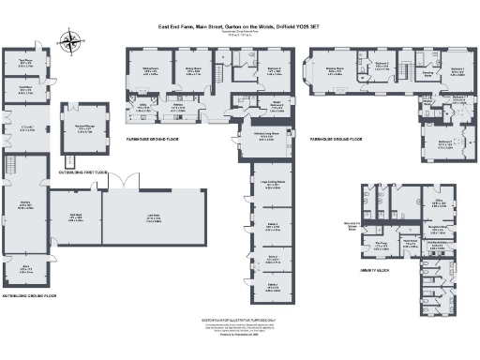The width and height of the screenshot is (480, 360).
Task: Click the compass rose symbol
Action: [x=71, y=40]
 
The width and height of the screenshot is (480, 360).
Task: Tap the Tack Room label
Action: [x=25, y=65]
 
